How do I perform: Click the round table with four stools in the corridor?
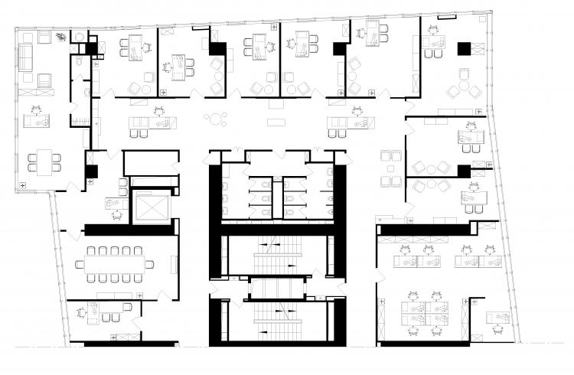coord(217,119)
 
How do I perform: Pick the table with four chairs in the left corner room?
coord(44,161)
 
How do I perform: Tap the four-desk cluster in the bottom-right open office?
coord(424,309)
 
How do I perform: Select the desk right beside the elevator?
coord(116,204)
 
